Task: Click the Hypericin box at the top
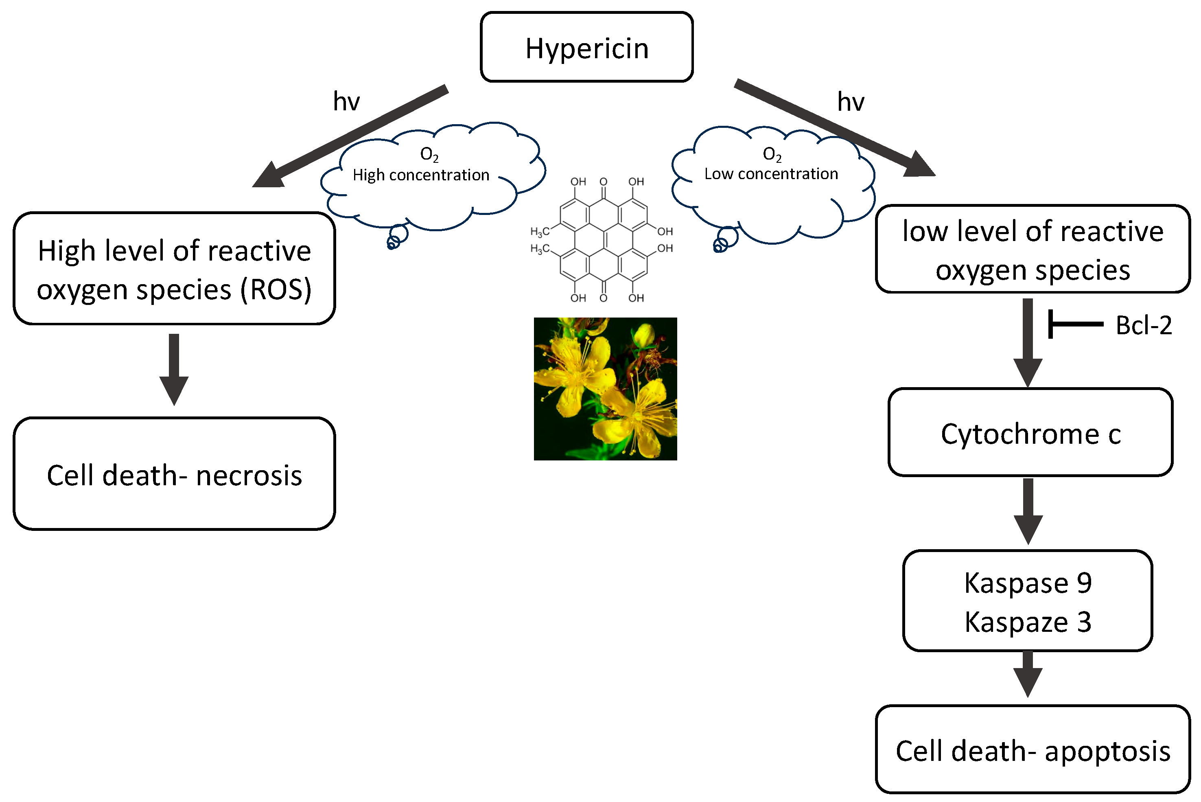click(586, 47)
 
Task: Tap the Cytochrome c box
click(1031, 433)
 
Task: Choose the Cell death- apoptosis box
click(1033, 750)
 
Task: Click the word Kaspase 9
click(1028, 583)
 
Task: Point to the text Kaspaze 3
click(1028, 622)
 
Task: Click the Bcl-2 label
click(1144, 325)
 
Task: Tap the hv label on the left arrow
click(346, 101)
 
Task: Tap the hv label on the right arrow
click(851, 102)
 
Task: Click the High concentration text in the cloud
click(421, 175)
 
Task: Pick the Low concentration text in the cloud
click(771, 174)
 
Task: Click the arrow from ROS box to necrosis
click(174, 368)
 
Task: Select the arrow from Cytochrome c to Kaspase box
click(1028, 511)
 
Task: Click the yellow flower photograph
click(605, 389)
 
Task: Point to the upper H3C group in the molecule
click(540, 232)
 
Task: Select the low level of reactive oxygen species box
click(1033, 249)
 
